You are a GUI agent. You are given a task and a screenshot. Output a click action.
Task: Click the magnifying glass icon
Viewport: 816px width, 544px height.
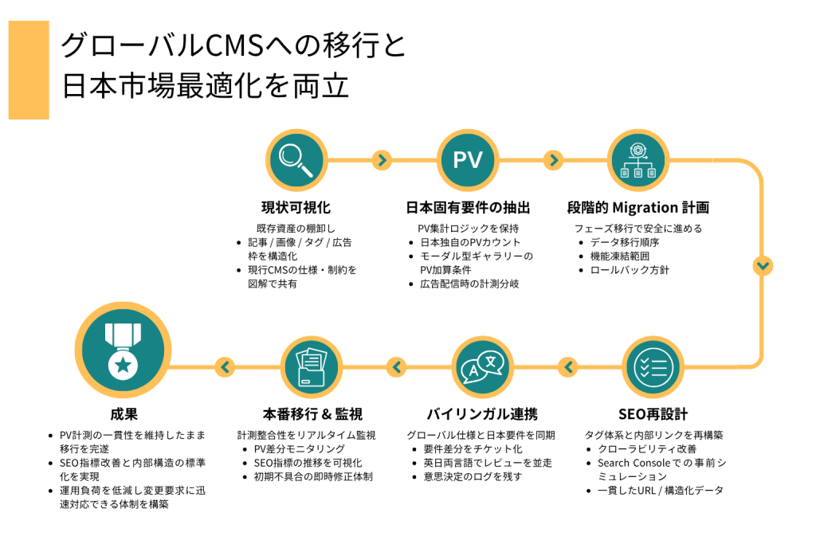tap(296, 160)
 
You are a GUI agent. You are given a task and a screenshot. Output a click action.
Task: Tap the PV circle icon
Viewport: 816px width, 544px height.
tap(468, 160)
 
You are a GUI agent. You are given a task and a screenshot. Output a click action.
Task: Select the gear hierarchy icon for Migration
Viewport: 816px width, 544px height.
tap(637, 160)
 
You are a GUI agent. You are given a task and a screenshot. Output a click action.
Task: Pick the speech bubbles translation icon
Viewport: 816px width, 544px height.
tap(481, 367)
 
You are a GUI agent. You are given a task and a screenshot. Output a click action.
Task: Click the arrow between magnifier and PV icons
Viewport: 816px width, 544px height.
tap(382, 160)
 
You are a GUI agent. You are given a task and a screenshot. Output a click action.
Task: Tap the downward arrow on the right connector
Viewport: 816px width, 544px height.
tap(763, 265)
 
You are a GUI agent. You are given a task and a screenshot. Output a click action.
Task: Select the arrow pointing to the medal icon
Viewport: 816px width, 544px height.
tap(226, 367)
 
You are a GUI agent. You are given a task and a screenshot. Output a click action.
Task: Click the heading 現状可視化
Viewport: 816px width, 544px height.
tap(296, 208)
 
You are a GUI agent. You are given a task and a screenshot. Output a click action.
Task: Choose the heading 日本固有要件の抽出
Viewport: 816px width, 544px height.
tap(468, 208)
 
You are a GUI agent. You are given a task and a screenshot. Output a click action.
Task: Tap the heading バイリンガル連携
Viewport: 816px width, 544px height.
tap(481, 414)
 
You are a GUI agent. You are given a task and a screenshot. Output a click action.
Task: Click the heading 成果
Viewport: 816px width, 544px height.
tap(124, 414)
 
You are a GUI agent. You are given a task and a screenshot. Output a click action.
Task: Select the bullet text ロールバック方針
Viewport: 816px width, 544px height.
tap(630, 270)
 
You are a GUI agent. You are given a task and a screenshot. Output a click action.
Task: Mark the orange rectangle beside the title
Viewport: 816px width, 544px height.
tap(29, 70)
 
